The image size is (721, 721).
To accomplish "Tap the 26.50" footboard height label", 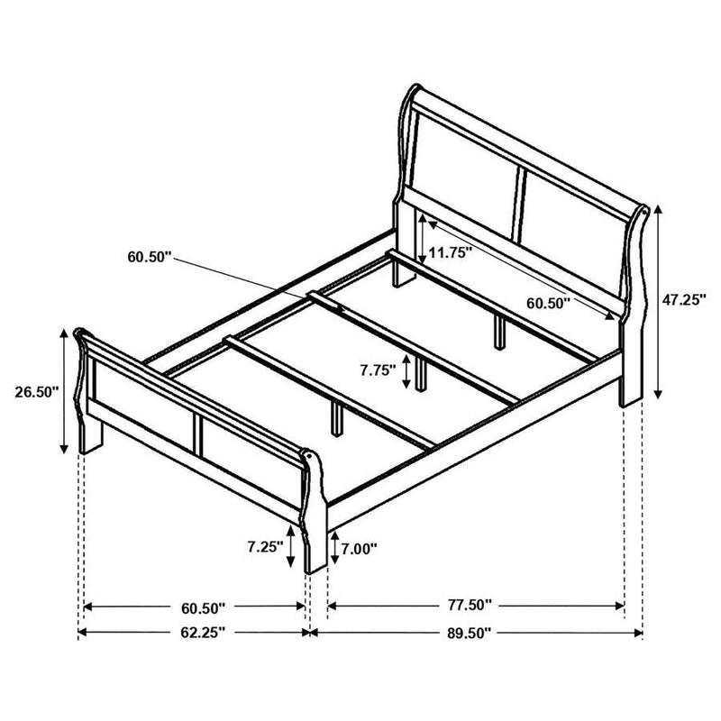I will (x=37, y=391).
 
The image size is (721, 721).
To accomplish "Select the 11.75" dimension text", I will (x=450, y=253).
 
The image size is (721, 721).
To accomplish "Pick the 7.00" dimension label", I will (x=359, y=547).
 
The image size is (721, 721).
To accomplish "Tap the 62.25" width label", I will (x=196, y=633).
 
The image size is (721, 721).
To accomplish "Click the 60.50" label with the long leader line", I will (x=149, y=257).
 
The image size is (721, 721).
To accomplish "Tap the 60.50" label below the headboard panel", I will (x=549, y=304).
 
